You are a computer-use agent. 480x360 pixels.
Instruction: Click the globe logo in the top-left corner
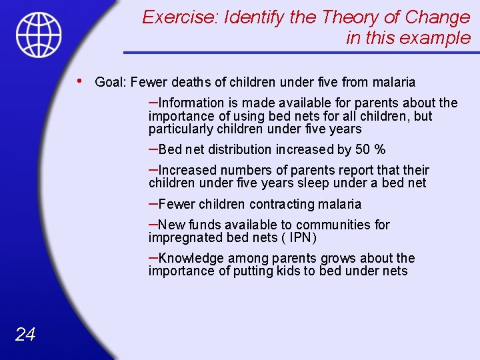tap(39, 35)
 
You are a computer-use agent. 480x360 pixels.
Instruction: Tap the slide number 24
tap(25, 334)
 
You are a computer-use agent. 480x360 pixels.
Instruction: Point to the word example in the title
tap(435, 38)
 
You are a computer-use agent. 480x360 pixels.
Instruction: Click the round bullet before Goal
tap(80, 81)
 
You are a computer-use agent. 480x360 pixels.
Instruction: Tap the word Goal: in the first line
tap(111, 83)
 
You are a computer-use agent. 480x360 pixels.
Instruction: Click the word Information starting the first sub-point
tap(192, 103)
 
